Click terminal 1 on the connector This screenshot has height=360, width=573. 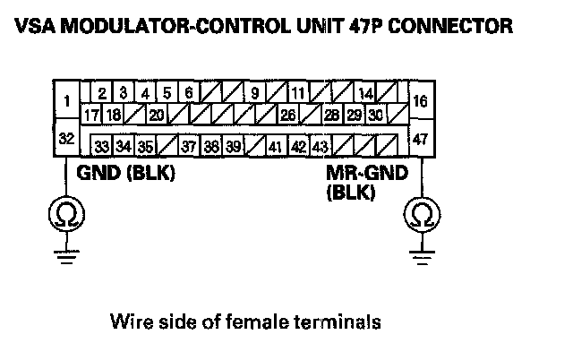[66, 100]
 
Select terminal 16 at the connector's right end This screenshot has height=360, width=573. [421, 100]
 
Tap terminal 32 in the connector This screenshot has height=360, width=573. [66, 138]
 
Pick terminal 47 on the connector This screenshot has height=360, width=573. [421, 138]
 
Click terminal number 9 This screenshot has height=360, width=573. [254, 93]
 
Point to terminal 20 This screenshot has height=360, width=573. [157, 116]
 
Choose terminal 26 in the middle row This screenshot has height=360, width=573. [288, 116]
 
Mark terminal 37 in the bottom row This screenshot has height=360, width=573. [189, 146]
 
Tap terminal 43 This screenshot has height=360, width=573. [321, 146]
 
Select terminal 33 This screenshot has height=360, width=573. [102, 146]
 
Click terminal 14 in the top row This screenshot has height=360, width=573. [365, 93]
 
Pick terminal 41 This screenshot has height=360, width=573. [277, 146]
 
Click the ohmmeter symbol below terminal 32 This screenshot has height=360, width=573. [66, 215]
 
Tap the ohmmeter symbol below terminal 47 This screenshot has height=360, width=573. [422, 215]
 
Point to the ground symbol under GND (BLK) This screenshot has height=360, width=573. [66, 257]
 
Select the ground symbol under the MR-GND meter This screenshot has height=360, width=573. [422, 257]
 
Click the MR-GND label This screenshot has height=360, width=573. [367, 173]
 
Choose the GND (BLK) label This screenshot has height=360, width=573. [125, 173]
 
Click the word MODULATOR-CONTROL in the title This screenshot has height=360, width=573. [175, 26]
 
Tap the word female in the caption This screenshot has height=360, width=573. [257, 321]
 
